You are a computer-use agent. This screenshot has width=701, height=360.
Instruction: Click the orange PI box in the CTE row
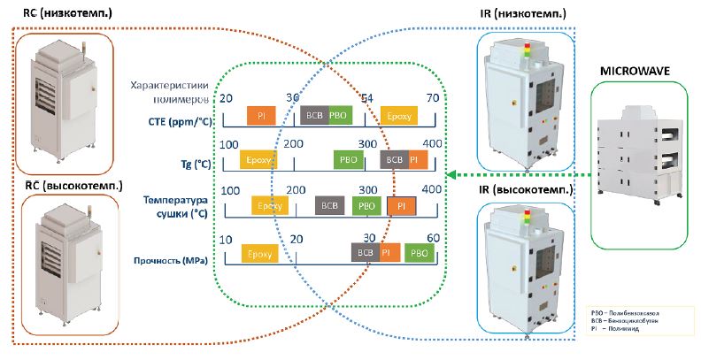[261, 116]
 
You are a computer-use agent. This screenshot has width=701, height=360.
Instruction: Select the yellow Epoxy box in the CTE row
[397, 116]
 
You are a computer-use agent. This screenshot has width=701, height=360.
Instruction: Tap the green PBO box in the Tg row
[346, 160]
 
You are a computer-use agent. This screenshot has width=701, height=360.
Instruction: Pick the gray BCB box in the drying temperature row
[329, 205]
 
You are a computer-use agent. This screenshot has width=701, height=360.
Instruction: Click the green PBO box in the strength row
[420, 251]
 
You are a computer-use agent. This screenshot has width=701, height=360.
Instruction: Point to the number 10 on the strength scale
[226, 239]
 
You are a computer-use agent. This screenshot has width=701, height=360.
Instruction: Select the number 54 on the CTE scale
[366, 98]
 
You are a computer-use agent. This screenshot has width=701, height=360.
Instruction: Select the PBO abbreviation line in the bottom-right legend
[628, 313]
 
